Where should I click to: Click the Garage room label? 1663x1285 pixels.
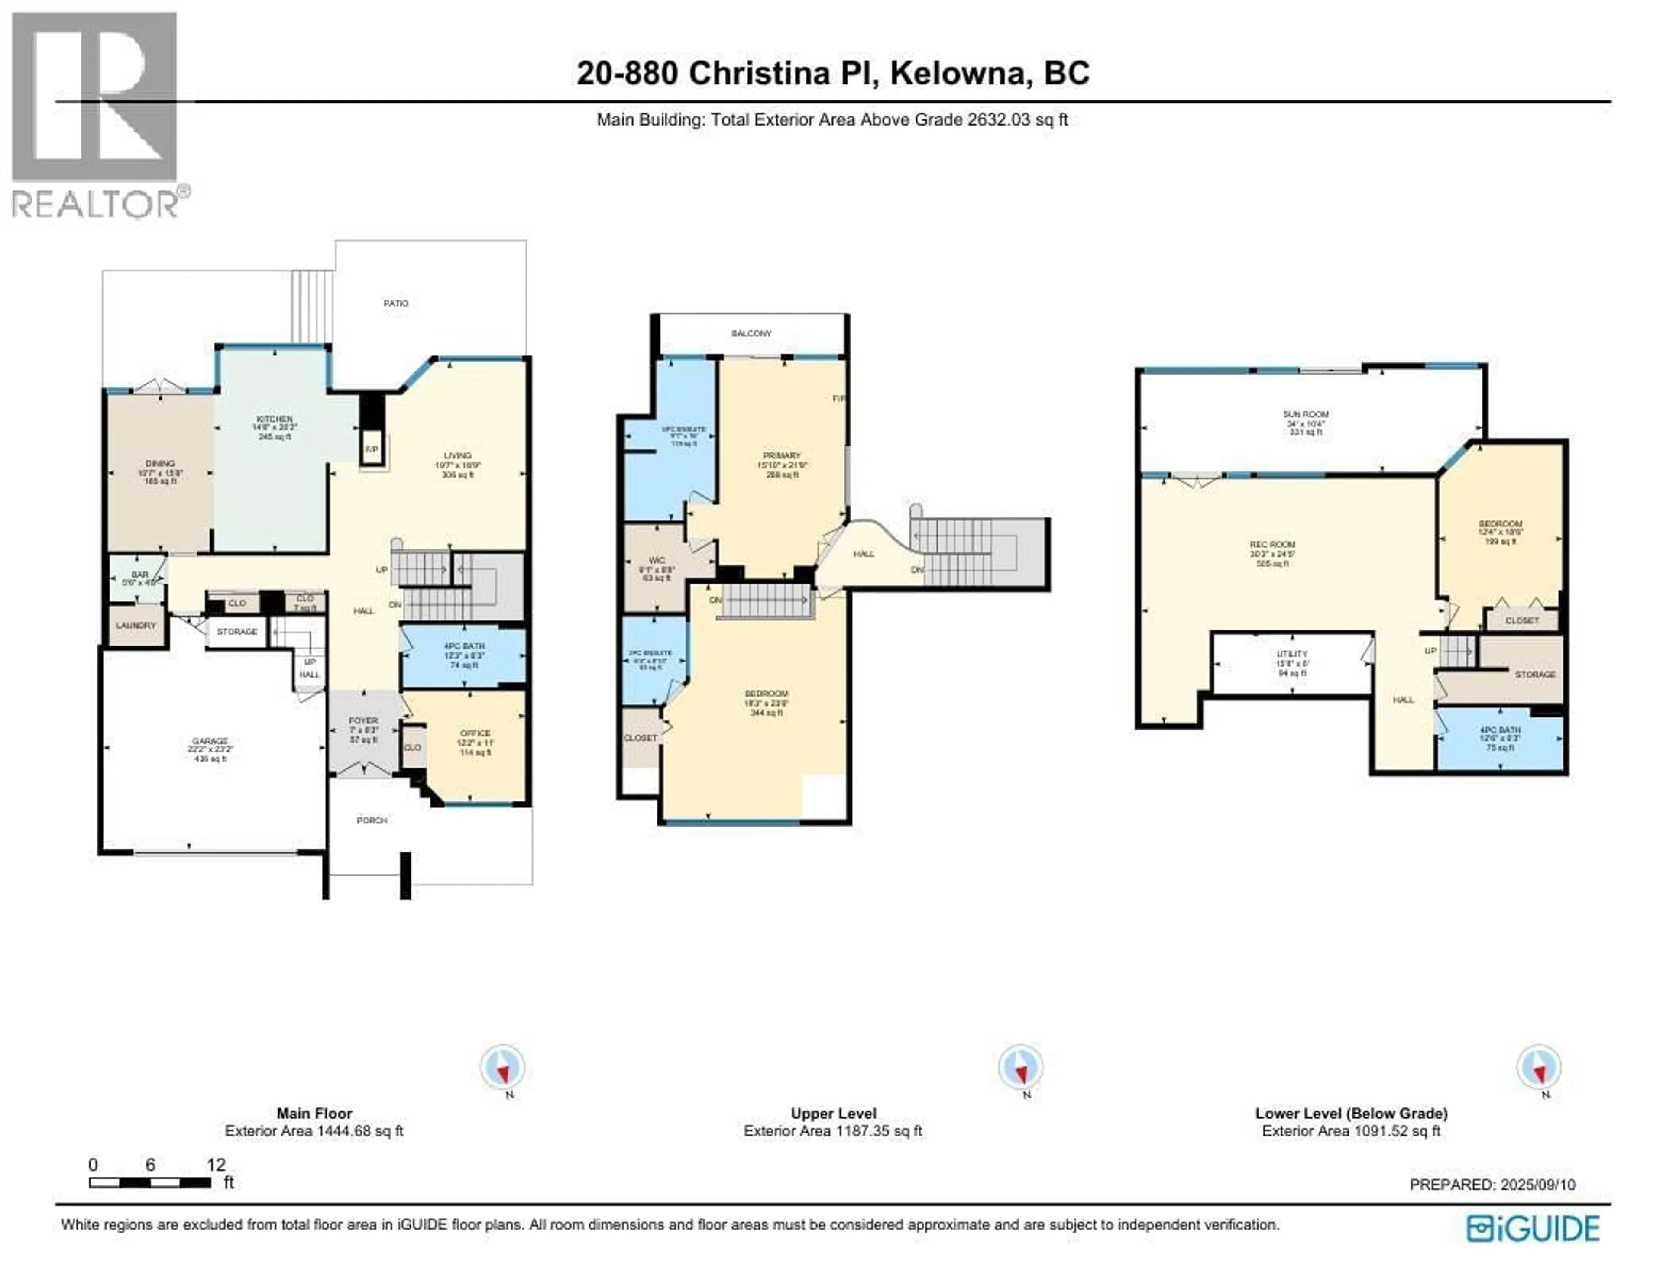click(210, 741)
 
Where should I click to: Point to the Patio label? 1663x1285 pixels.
click(395, 303)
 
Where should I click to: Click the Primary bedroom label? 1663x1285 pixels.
click(782, 455)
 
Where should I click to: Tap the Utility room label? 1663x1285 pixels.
click(1292, 654)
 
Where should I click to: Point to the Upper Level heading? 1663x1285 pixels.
click(833, 1113)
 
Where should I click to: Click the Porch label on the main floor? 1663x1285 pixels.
click(372, 820)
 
